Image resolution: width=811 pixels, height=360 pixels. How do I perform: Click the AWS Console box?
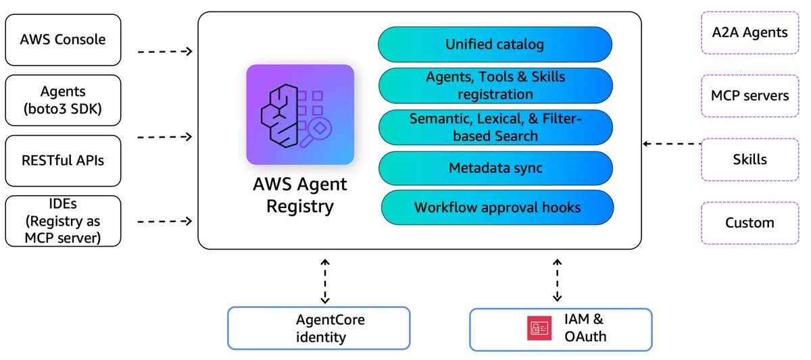coord(63,40)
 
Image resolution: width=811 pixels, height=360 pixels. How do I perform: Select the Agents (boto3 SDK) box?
coord(63,100)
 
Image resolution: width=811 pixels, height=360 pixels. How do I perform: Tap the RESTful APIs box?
coord(63,161)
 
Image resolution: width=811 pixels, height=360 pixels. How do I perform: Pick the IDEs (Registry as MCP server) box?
coord(63,221)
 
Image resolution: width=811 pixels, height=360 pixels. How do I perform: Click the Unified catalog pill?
coord(495,45)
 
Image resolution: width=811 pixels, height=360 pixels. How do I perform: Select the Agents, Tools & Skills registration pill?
coord(495,86)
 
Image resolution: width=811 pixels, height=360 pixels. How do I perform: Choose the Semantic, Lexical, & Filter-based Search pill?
coord(495,128)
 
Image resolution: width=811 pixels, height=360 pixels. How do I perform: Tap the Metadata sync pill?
coord(495,168)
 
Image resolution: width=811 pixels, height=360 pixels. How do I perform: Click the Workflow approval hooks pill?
coord(497,207)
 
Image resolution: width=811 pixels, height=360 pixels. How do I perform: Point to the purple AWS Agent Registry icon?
coord(300,114)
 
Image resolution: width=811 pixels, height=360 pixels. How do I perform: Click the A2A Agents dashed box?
coord(749,32)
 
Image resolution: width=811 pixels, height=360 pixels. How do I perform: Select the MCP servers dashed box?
coord(749,96)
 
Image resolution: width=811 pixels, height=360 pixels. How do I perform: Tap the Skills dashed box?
coord(749,159)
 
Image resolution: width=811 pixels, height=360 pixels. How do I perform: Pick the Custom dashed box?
coord(749,223)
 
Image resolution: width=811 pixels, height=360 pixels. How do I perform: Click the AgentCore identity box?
coord(318,328)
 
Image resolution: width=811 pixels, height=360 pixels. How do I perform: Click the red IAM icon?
coord(539,328)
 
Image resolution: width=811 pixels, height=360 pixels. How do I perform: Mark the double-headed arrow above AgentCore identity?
coord(325,281)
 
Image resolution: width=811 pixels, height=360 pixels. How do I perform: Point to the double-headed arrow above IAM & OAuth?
coord(557,280)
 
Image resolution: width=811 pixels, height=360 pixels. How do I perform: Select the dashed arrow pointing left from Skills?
coord(672,144)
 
